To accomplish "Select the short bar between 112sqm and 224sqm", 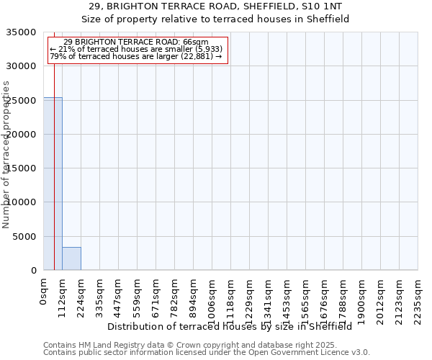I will pyautogui.click(x=71, y=258).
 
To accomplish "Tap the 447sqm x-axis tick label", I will pyautogui.click(x=119, y=295).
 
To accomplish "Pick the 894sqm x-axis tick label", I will pyautogui.click(x=194, y=295).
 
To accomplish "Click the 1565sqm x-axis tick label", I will pyautogui.click(x=306, y=298).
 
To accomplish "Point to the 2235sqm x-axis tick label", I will pyautogui.click(x=418, y=298).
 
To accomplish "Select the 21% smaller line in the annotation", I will pyautogui.click(x=136, y=49).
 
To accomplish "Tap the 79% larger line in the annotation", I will pyautogui.click(x=136, y=56).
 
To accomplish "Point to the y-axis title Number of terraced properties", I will pyautogui.click(x=7, y=154).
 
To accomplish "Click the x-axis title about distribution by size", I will pyautogui.click(x=234, y=326).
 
